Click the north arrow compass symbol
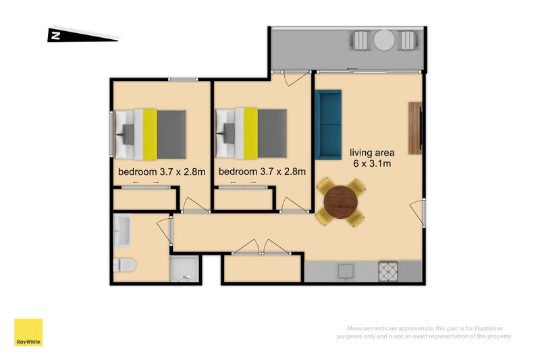pos(82,35)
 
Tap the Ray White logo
pos(28,332)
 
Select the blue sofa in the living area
pos(328,125)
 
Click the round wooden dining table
pos(341,202)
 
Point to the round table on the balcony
pos(384,41)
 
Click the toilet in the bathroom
pos(124,265)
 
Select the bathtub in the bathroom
pos(122,231)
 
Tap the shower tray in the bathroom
pos(184,269)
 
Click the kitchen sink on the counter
pos(346,272)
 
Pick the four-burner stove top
pos(388,271)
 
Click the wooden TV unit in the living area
pos(415,128)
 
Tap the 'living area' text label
pos(372,153)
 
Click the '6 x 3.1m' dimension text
pos(372,163)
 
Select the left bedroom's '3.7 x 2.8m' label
pos(182,172)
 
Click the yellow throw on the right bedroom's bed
pos(250,133)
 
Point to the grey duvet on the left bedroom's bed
pos(171,134)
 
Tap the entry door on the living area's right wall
pos(417,212)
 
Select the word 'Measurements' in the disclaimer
pos(368,328)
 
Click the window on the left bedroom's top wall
pos(183,80)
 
